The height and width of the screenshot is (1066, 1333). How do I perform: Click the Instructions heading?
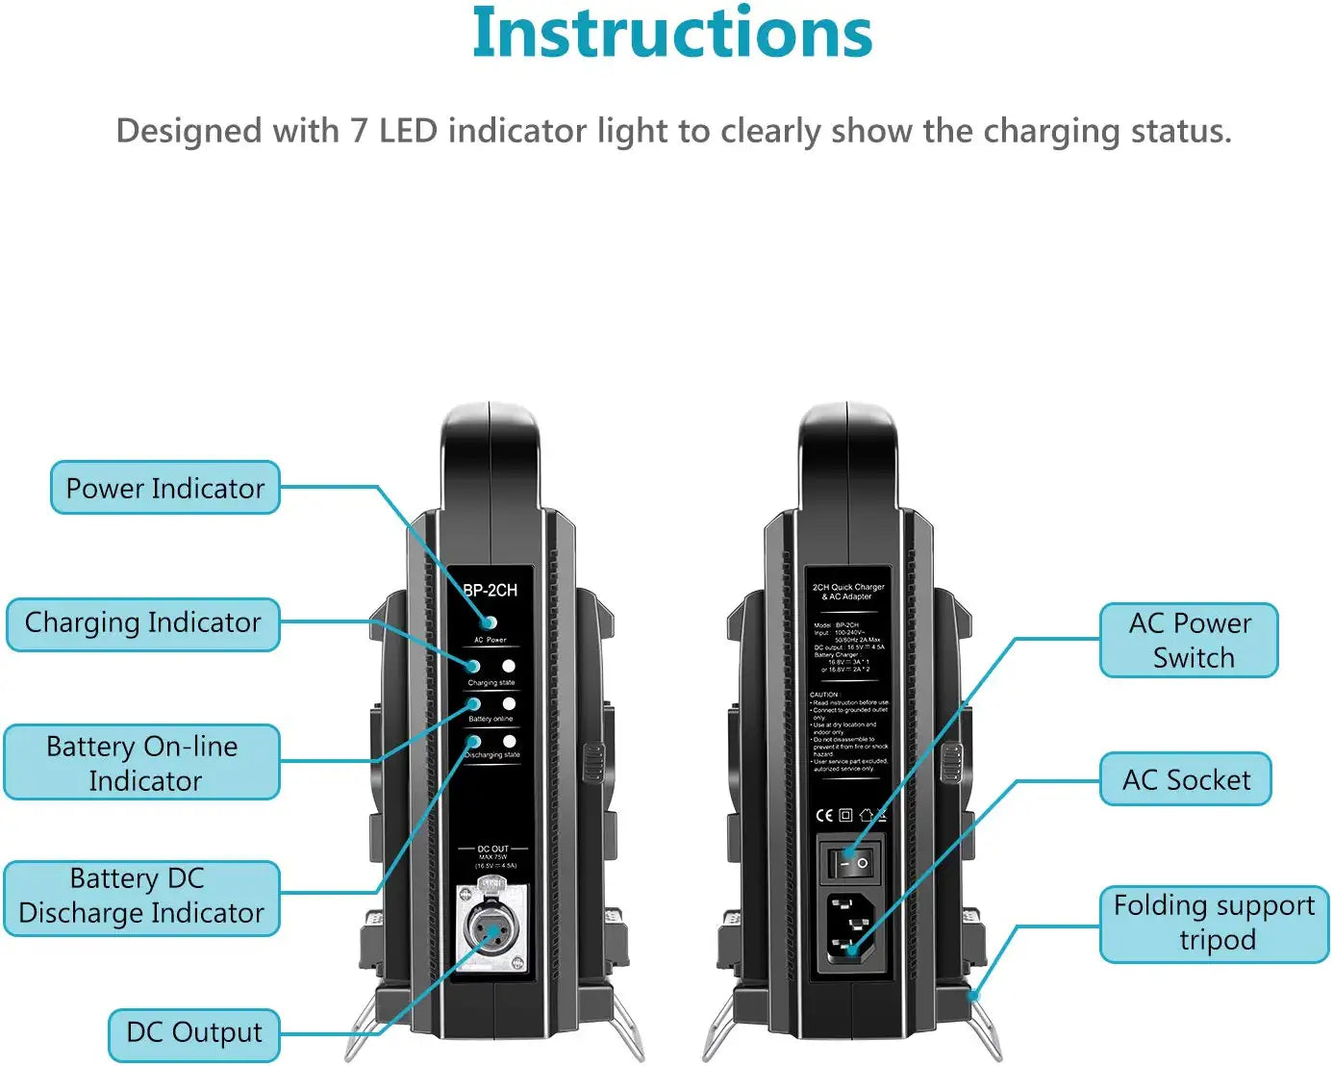click(672, 35)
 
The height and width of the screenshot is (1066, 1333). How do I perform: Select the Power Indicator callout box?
click(164, 488)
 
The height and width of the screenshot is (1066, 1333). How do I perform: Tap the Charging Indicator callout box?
click(142, 623)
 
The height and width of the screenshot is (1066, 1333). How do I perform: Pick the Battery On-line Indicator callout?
click(142, 763)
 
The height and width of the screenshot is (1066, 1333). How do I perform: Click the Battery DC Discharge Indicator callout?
click(141, 897)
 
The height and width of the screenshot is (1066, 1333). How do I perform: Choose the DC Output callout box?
click(193, 1033)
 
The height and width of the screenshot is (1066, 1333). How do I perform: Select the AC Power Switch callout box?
click(1190, 641)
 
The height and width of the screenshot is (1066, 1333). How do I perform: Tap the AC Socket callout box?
click(1186, 779)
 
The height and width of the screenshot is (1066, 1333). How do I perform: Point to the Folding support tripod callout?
click(1214, 923)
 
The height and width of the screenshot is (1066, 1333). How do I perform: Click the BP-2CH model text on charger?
click(490, 591)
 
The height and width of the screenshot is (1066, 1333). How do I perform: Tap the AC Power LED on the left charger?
click(489, 622)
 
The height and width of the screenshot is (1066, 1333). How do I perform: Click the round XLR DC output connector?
click(491, 929)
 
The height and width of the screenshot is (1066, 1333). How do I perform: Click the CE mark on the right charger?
click(824, 815)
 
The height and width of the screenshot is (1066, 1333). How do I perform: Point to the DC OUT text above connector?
click(492, 849)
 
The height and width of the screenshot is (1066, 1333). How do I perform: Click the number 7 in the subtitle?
click(359, 131)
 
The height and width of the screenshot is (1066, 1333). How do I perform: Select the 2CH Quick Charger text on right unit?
click(848, 587)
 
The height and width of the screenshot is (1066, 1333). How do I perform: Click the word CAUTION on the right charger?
click(824, 694)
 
